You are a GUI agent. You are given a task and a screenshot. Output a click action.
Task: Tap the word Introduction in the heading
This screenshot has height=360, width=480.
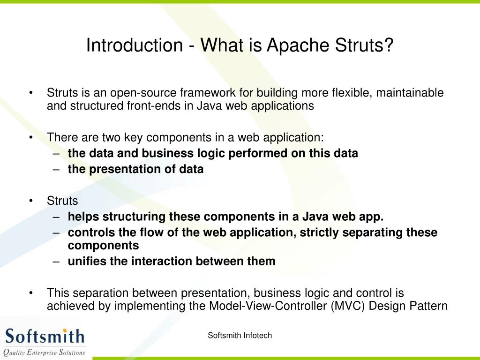(134, 45)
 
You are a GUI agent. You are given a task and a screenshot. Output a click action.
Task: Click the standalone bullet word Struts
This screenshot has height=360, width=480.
(62, 201)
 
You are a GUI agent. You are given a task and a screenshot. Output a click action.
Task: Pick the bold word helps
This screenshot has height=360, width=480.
(84, 217)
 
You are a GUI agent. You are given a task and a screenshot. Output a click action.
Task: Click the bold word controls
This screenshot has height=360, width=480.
(91, 232)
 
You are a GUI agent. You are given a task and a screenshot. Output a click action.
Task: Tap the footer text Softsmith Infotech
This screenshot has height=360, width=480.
(240, 335)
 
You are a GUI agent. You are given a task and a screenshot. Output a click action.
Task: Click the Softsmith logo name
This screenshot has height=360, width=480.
(45, 336)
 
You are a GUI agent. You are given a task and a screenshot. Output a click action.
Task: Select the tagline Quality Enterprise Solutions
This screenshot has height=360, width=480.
(45, 352)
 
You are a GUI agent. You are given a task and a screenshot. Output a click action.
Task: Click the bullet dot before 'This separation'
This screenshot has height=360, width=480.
(30, 293)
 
